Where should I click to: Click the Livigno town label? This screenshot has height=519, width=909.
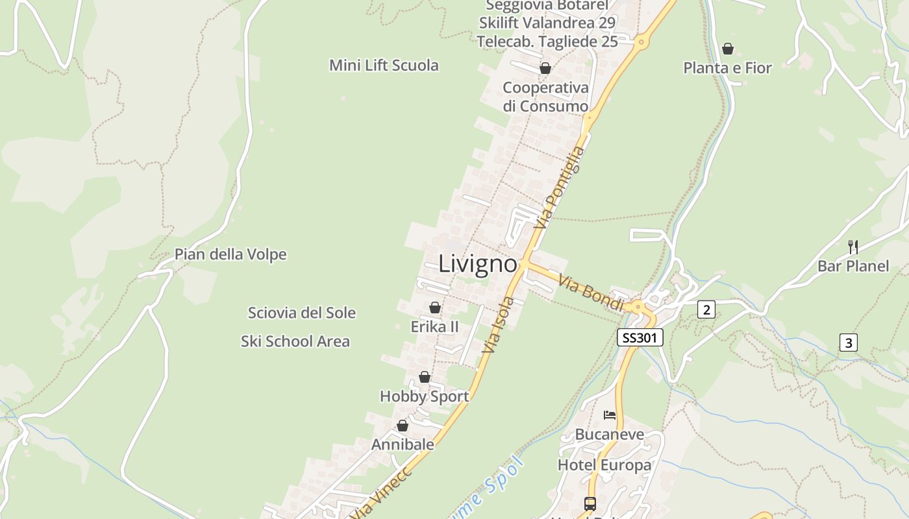[x=478, y=264]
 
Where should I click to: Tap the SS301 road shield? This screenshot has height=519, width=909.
[x=640, y=337]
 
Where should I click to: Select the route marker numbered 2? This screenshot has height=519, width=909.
[x=706, y=309]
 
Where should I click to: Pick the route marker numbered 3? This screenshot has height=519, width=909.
[x=849, y=342]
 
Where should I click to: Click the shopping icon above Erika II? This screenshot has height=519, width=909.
[x=435, y=308]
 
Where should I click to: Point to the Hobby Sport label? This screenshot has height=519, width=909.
[x=424, y=396]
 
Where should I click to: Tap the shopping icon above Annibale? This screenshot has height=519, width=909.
[x=403, y=426]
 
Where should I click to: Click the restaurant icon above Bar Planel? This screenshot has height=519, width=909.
[x=853, y=247]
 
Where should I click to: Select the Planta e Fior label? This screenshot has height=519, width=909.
[x=727, y=67]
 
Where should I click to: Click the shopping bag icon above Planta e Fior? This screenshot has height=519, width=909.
[x=728, y=49]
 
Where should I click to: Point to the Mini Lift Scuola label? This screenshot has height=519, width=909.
[x=384, y=66]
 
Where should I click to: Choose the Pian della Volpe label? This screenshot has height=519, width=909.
[x=230, y=254]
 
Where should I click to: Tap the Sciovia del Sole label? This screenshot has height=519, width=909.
[x=302, y=313]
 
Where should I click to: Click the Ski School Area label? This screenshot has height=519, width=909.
[x=295, y=341]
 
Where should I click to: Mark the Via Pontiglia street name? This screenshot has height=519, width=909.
[x=559, y=187]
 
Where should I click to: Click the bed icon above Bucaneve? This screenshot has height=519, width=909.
[x=609, y=415]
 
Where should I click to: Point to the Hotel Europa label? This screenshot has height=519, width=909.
[x=604, y=465]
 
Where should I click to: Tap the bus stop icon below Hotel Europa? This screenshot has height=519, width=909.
[x=590, y=503]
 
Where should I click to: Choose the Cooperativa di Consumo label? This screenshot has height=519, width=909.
[x=545, y=97]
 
